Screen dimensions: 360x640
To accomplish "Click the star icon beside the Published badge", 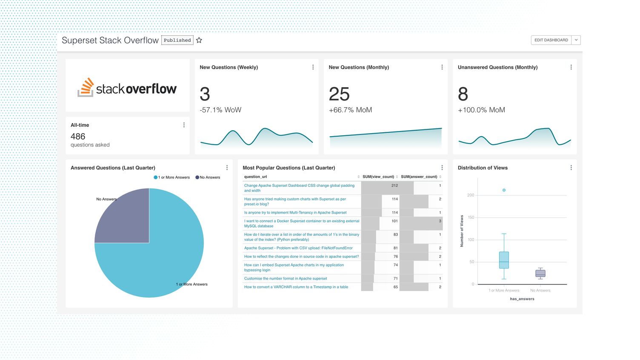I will coord(199,40).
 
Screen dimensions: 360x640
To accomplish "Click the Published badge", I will coord(177,40).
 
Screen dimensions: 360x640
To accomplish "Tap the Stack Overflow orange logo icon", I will coord(86,87).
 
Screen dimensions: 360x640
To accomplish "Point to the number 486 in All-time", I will coord(78,137).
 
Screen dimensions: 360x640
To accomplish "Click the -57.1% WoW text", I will coord(220,110).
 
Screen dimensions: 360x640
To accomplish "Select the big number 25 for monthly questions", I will coord(339,94).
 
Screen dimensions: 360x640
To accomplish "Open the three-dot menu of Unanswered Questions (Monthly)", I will coord(571,67).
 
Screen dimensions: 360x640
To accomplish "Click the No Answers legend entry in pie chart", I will coord(208,177).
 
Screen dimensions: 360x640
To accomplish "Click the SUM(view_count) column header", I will coord(378,177).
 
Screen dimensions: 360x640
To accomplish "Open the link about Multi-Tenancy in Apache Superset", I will coord(295,212).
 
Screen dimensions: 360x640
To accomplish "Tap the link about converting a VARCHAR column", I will coord(296,287).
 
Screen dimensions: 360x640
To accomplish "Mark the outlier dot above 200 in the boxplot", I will coord(504,190).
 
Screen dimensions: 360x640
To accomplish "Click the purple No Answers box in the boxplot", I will coord(540,273).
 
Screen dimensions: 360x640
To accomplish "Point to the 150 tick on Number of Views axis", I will coord(471,217).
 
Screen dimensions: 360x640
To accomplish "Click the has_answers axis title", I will coord(522,299).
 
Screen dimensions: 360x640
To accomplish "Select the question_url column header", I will coord(256,177).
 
